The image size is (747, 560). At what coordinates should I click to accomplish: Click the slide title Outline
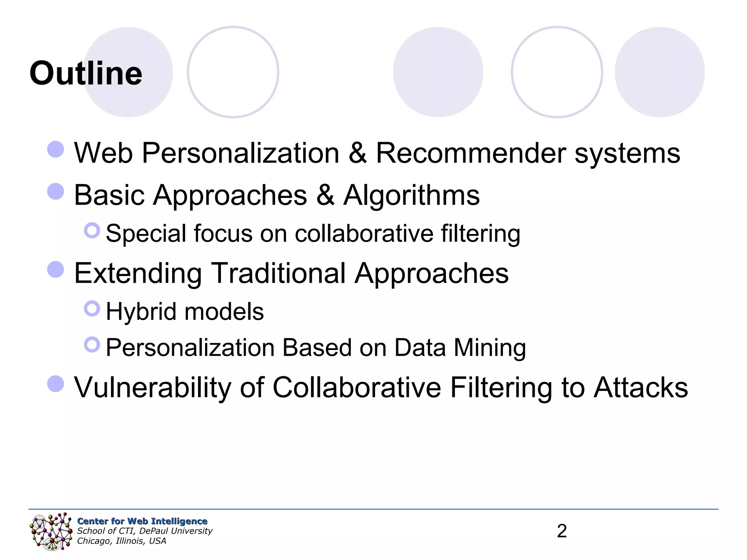[86, 73]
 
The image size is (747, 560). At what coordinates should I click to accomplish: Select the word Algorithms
[411, 195]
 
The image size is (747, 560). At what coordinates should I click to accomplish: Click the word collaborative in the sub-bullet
[364, 233]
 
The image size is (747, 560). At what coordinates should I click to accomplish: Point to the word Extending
[138, 273]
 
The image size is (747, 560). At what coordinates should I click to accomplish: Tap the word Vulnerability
[152, 388]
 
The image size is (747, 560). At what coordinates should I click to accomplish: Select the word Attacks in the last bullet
[641, 387]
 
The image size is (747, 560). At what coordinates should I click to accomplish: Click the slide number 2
[562, 531]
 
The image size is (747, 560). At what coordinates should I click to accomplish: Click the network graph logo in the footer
[51, 531]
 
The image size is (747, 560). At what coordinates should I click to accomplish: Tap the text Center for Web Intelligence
[142, 521]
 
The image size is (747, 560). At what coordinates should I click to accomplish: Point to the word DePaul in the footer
[154, 531]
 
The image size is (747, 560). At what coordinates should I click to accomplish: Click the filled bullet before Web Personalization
[56, 149]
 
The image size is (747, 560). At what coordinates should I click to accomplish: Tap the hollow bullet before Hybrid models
[92, 308]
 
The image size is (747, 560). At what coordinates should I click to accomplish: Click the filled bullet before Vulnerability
[56, 384]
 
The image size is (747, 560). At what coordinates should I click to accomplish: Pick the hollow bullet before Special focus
[92, 230]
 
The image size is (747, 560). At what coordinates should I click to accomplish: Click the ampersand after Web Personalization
[357, 153]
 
